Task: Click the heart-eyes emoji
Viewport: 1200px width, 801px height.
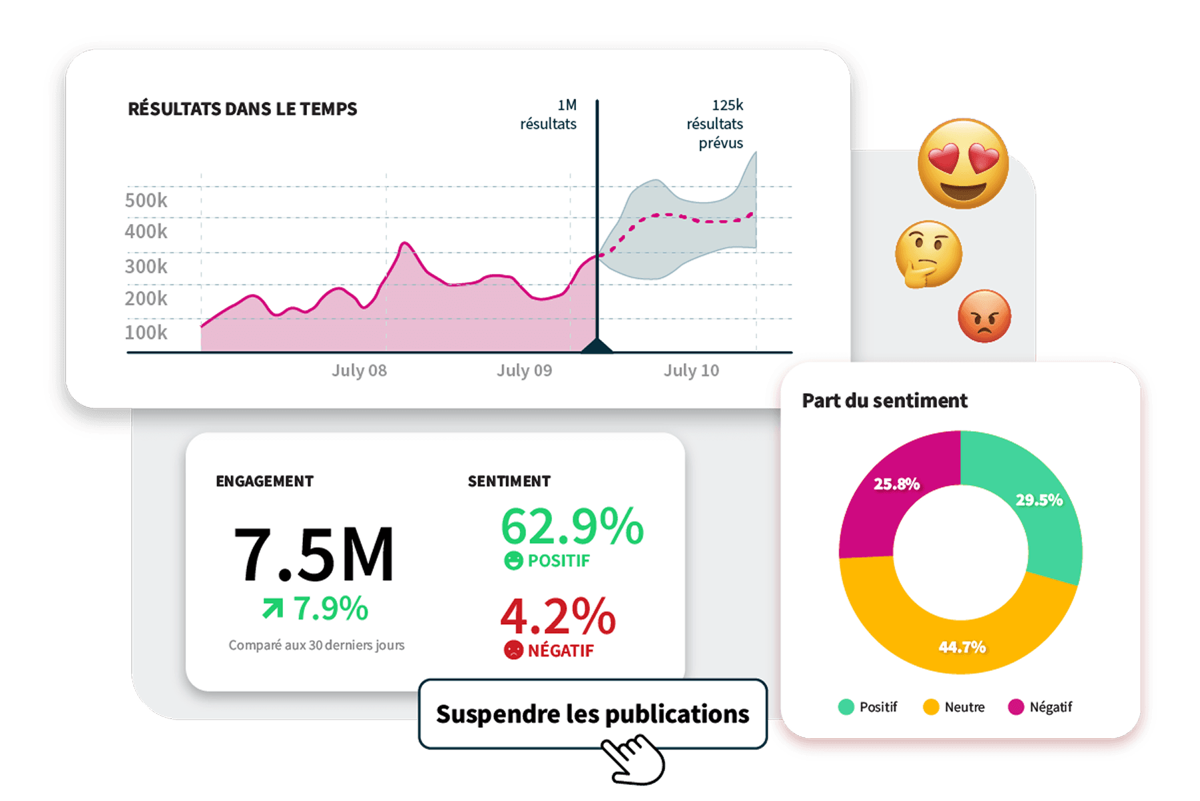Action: click(963, 163)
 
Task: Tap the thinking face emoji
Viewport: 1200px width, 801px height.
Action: click(928, 254)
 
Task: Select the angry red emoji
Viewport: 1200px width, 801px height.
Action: click(984, 316)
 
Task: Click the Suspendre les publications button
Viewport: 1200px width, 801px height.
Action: click(593, 714)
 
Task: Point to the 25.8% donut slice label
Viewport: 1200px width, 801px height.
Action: click(896, 484)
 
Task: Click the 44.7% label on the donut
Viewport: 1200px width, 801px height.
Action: click(962, 646)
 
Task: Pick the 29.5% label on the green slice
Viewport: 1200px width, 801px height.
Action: click(1039, 500)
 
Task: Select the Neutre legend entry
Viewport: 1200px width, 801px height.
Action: click(954, 707)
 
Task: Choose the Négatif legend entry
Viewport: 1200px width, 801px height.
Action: click(1040, 707)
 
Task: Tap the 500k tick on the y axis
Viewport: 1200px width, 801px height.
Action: click(146, 200)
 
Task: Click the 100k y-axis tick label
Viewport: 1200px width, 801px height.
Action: click(146, 332)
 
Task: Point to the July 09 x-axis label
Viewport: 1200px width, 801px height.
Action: click(524, 371)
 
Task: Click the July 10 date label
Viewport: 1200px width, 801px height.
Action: click(691, 371)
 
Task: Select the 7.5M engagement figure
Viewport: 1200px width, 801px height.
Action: click(314, 554)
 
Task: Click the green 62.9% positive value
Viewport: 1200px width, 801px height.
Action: click(572, 526)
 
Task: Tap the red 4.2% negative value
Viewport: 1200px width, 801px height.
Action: click(558, 616)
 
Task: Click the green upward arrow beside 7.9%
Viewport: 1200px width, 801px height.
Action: click(272, 608)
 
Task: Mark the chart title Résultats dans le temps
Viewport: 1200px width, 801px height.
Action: click(242, 109)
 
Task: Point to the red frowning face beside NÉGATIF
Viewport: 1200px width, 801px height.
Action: click(513, 650)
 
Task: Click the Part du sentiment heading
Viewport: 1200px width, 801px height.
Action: click(884, 400)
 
